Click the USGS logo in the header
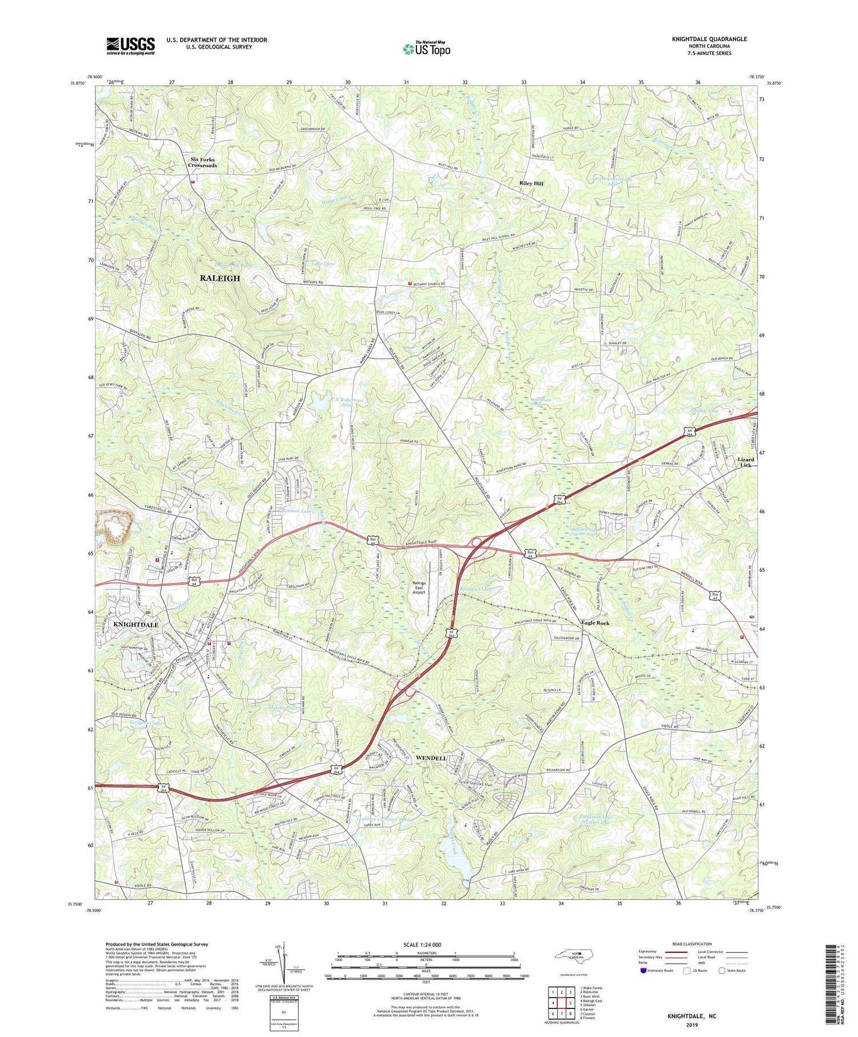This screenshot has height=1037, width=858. [x=130, y=46]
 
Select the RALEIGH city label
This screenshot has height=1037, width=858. [x=220, y=278]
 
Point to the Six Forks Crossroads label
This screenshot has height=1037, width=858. [x=203, y=162]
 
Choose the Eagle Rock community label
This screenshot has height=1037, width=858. [x=595, y=623]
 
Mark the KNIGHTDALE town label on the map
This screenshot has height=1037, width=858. [x=136, y=625]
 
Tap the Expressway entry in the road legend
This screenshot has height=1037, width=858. [x=650, y=952]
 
